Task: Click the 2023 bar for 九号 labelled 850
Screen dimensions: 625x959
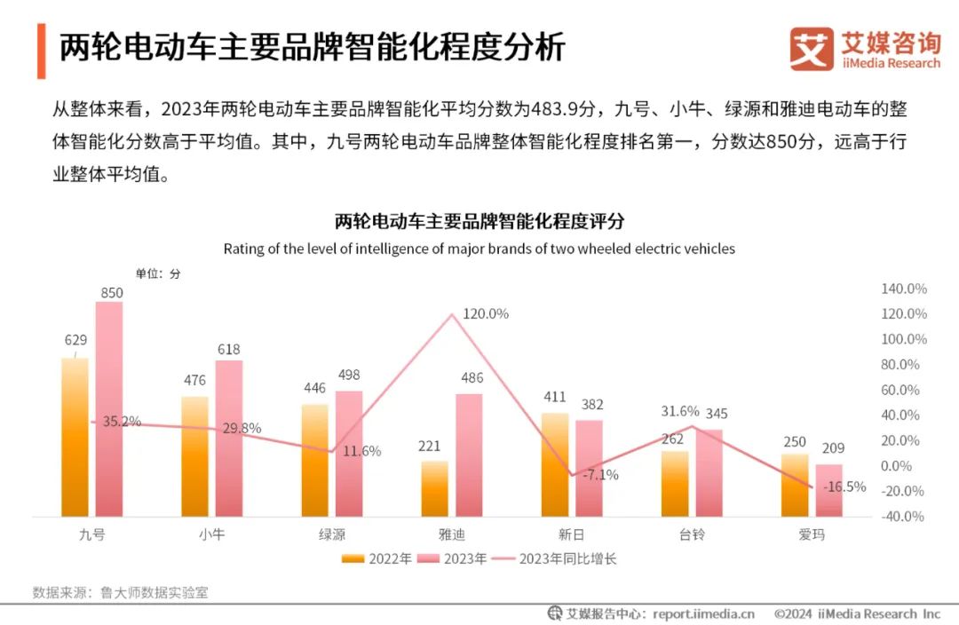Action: [109, 408]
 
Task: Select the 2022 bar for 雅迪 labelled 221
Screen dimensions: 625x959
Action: [435, 488]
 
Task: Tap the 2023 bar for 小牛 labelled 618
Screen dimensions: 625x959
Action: [229, 438]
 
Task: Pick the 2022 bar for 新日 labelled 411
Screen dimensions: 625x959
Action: [555, 464]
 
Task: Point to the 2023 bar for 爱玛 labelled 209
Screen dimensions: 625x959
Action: [829, 490]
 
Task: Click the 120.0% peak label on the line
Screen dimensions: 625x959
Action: [486, 313]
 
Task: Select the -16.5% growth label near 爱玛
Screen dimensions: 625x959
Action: [844, 487]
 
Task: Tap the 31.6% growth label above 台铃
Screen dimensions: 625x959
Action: [680, 411]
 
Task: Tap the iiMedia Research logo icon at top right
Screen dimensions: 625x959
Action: [812, 49]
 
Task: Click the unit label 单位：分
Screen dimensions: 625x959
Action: [157, 273]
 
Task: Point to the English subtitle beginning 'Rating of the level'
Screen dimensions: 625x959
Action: [479, 249]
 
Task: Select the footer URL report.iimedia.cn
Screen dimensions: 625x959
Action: [703, 613]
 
